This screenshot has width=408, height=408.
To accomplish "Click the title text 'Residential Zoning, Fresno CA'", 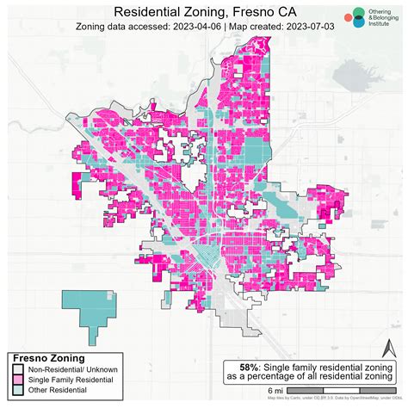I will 203,12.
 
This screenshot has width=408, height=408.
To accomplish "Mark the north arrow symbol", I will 388,352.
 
